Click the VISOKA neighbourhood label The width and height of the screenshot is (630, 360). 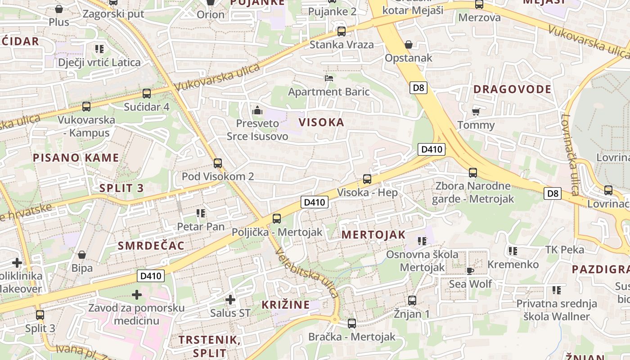321,122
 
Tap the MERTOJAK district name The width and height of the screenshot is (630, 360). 373,235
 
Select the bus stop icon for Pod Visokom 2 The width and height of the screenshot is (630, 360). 218,163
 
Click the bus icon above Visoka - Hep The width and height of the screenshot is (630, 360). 367,179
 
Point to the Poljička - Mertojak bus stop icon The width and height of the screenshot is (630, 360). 276,219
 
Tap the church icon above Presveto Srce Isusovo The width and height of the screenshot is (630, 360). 257,110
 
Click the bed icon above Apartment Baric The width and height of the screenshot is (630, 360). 329,78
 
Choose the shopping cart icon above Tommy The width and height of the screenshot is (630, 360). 476,112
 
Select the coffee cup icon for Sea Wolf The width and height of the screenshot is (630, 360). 470,270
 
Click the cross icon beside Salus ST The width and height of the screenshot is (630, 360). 230,299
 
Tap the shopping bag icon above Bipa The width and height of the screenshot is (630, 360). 82,255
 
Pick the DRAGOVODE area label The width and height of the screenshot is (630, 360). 512,89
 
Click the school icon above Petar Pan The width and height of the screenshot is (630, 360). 201,213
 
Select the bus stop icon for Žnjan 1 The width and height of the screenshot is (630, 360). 412,301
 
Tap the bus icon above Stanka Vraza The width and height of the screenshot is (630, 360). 342,31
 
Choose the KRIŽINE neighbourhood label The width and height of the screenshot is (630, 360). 286,305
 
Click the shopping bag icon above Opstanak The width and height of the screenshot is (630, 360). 409,45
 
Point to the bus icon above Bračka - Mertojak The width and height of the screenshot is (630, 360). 352,323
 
